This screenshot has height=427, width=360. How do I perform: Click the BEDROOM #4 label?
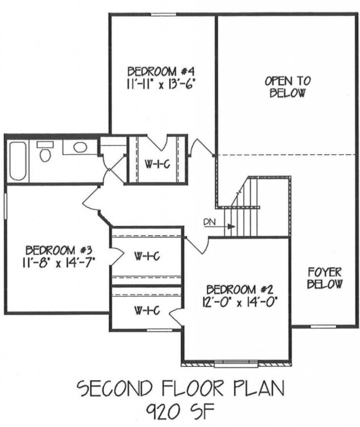pyautogui.click(x=161, y=72)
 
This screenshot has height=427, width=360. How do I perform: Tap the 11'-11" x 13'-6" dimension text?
pyautogui.click(x=161, y=84)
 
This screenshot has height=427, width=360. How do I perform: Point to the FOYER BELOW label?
pyautogui.click(x=325, y=278)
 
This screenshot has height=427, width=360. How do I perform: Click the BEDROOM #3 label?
pyautogui.click(x=59, y=250)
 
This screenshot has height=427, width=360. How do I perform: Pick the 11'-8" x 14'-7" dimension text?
pyautogui.click(x=59, y=263)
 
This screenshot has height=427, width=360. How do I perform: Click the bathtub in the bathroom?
pyautogui.click(x=18, y=161)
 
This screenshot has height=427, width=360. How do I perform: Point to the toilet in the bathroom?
pyautogui.click(x=45, y=152)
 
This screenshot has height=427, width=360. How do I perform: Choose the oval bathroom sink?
pyautogui.click(x=80, y=148)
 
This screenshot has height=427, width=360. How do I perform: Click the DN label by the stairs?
pyautogui.click(x=209, y=222)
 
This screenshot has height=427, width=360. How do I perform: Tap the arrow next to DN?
pyautogui.click(x=220, y=227)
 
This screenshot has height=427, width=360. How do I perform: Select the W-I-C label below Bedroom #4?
pyautogui.click(x=158, y=164)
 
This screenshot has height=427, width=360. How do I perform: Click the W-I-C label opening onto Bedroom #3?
pyautogui.click(x=147, y=256)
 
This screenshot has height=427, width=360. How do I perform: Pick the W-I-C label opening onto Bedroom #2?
pyautogui.click(x=147, y=310)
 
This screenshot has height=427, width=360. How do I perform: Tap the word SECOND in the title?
pyautogui.click(x=114, y=388)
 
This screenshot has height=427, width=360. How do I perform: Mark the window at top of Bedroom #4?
pyautogui.click(x=163, y=15)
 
